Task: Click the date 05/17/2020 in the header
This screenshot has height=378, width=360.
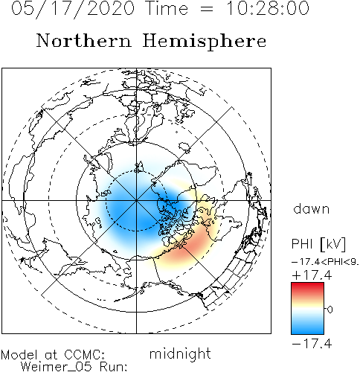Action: [73, 9]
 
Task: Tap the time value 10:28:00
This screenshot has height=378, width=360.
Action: [268, 8]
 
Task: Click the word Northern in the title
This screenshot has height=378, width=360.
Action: [84, 40]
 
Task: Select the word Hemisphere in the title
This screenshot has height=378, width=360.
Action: [205, 41]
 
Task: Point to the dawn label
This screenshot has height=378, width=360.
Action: [312, 208]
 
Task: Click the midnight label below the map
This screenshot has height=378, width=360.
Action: [180, 353]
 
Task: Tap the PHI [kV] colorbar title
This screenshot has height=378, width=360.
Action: [318, 244]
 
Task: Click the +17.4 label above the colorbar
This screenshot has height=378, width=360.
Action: [312, 275]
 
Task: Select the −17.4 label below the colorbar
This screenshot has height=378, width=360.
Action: [312, 344]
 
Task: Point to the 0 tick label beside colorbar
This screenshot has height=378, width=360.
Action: [330, 310]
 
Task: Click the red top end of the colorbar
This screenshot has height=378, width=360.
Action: [307, 286]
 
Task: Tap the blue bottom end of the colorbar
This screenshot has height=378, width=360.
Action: [307, 331]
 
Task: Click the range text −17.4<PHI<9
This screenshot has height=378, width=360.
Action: [325, 262]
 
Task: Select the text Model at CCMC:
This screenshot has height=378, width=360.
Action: [53, 355]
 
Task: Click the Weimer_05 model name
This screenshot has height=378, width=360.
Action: [56, 367]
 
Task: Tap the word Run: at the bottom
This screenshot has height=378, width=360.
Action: [114, 367]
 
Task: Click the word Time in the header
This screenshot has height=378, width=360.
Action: [167, 8]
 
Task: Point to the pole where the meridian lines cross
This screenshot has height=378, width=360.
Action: [136, 200]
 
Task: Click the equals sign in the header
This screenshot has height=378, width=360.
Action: [206, 10]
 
